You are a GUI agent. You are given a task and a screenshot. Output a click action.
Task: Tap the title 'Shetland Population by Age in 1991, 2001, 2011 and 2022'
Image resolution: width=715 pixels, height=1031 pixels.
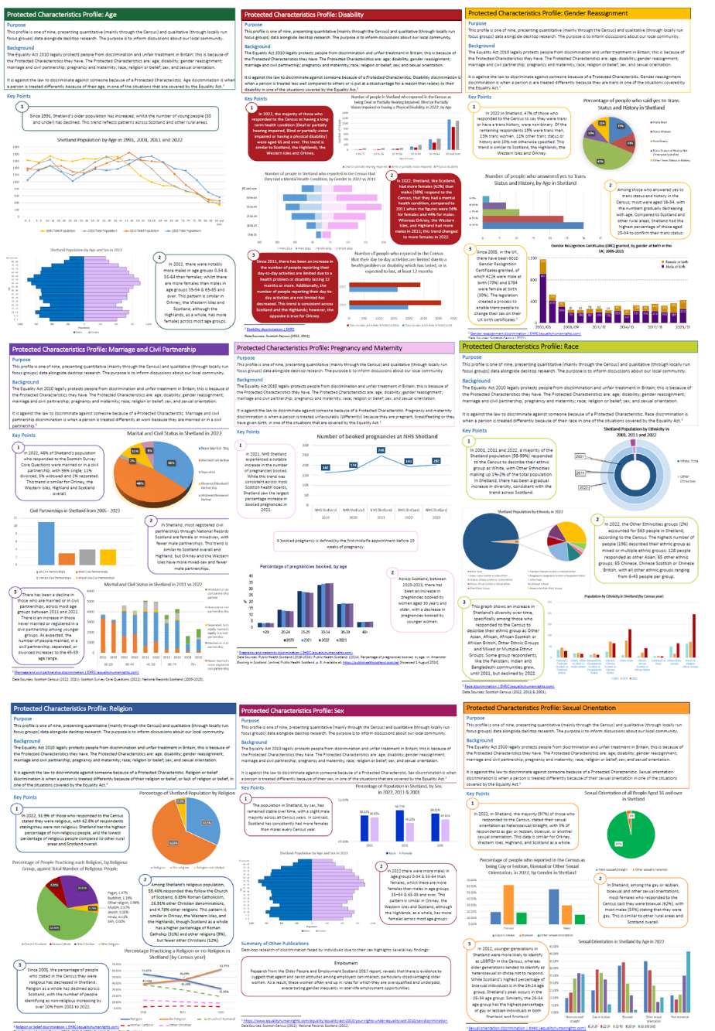coord(118,139)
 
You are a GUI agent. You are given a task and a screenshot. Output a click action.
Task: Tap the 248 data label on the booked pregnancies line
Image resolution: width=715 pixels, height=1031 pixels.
coord(381,450)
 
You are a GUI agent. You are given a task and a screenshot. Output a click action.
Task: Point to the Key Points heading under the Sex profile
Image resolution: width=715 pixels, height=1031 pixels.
coord(254,787)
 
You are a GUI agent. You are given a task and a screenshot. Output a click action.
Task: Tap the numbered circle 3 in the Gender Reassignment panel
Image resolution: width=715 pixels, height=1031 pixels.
coord(471,249)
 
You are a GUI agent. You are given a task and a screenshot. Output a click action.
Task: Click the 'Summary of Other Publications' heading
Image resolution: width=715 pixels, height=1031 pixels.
coord(275,944)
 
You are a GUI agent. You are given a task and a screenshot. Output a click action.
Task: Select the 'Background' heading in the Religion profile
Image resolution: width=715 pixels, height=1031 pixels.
coord(26,741)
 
